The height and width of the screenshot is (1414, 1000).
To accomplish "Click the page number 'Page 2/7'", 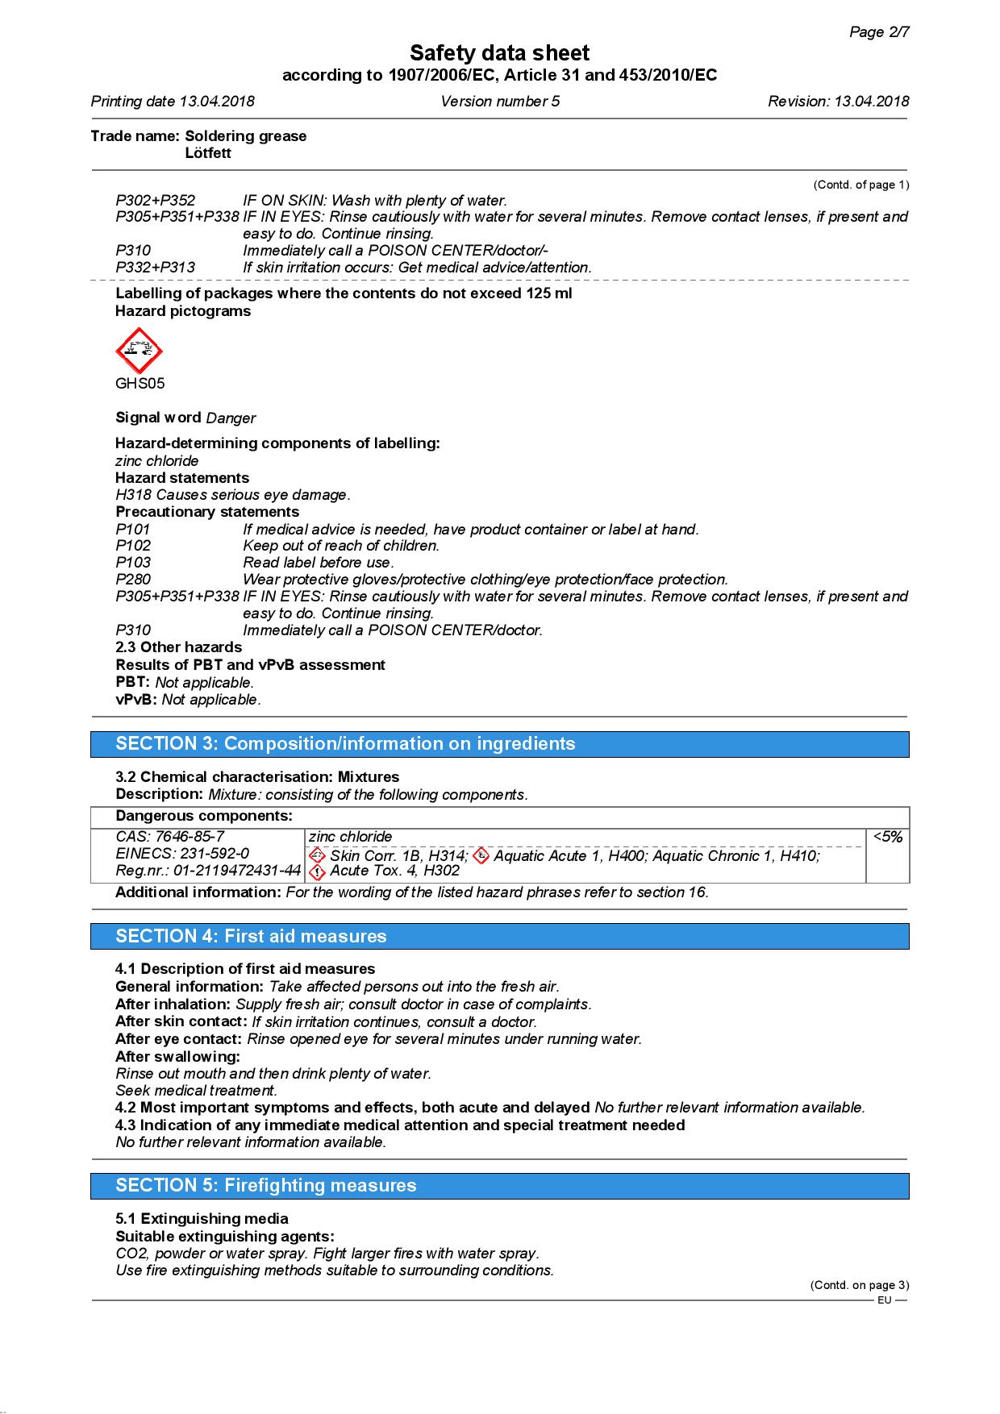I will coord(879,32).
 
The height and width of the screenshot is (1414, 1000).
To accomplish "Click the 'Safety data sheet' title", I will coord(499,53).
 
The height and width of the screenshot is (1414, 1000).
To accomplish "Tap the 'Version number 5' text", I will coord(499,102).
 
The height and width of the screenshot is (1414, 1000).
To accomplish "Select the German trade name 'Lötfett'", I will coord(208,153).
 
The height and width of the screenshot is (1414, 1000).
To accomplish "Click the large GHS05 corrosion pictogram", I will coord(139,351).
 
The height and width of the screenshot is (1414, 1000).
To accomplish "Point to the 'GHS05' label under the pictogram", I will coord(140,384).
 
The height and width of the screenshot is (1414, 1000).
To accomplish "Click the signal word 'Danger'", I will coord(231,418).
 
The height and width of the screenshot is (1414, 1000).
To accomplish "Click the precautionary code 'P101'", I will coord(133,530).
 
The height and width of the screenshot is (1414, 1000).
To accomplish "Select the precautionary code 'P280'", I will coord(133,580).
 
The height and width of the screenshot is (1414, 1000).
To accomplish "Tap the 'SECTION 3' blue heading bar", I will coord(499,744).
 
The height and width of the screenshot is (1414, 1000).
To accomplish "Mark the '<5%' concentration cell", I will coord(887,838).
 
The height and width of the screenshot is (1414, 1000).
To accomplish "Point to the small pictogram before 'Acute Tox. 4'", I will coord(318,871).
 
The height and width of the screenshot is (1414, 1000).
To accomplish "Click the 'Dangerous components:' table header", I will coord(204,816).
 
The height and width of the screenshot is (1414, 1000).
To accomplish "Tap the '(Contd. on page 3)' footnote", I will coord(859,1285).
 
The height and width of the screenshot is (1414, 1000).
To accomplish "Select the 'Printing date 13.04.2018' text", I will coord(173,102).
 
